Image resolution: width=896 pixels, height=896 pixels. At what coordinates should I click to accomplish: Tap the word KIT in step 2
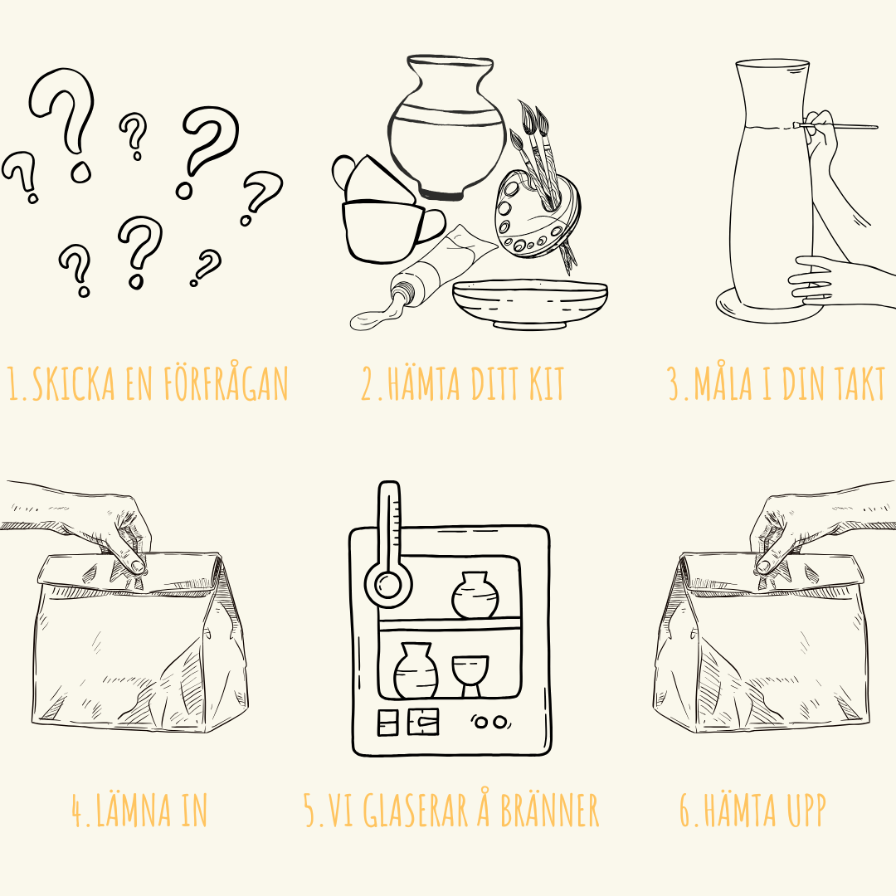tap(546, 383)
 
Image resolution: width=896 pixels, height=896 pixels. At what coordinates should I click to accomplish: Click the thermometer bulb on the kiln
tap(388, 585)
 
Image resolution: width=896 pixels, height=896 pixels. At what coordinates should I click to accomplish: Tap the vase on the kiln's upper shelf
tap(475, 595)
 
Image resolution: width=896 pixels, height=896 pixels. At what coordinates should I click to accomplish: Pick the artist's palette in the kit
tap(536, 214)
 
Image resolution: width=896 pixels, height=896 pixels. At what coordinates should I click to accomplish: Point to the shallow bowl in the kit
tap(529, 304)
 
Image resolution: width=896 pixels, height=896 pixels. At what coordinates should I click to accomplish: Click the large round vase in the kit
tap(447, 128)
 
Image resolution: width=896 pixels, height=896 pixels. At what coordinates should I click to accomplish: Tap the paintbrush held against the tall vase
tap(838, 126)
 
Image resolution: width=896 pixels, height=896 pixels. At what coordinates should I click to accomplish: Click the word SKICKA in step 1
tap(73, 383)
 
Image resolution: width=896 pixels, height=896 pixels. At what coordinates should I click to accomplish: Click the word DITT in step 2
tap(494, 383)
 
